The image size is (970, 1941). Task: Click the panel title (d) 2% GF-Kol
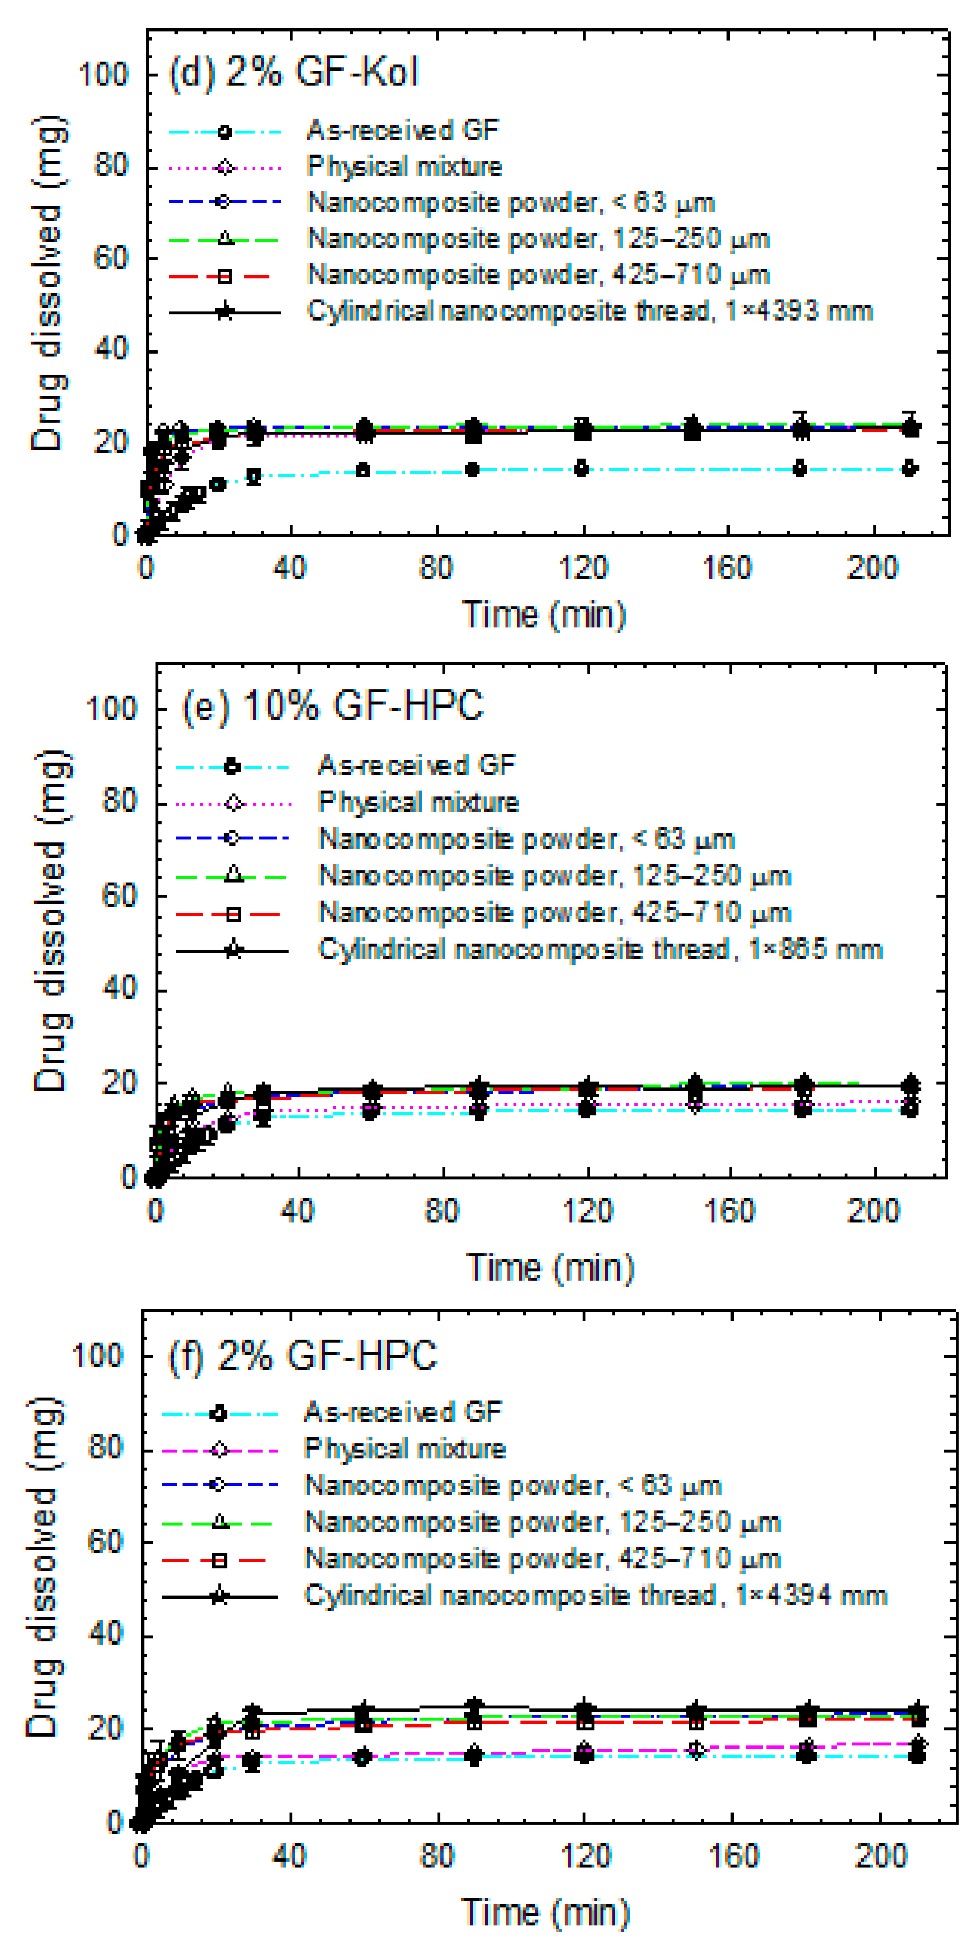click(x=293, y=73)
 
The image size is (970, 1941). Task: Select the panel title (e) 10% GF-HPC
click(x=332, y=707)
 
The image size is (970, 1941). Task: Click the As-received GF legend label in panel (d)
click(x=403, y=130)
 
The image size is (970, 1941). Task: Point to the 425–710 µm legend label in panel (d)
click(x=539, y=275)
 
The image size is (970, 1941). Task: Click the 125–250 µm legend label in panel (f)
click(x=542, y=1522)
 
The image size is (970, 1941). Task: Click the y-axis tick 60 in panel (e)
click(x=120, y=896)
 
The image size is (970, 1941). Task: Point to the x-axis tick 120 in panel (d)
click(x=582, y=567)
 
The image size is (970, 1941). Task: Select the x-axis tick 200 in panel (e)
click(x=874, y=1211)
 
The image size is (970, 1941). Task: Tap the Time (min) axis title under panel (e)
click(x=551, y=1267)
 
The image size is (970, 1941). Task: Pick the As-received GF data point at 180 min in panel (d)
click(x=800, y=469)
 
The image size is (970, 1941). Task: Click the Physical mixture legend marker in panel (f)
click(x=219, y=1449)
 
